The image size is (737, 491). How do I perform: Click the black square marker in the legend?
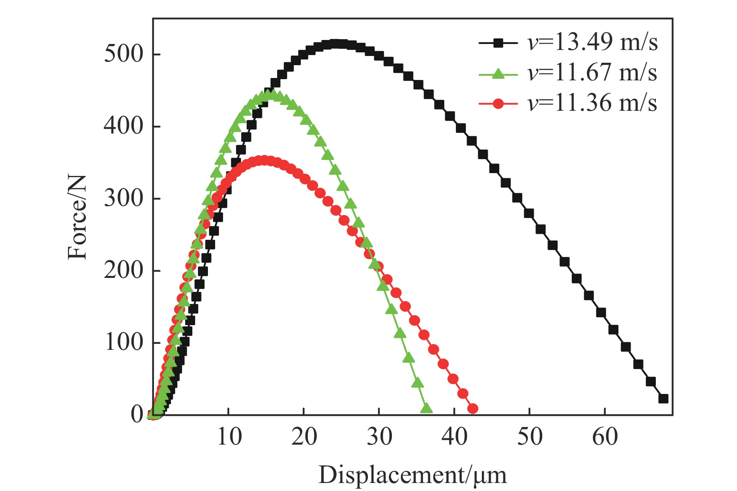point(498,43)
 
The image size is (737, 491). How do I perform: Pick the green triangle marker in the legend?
point(498,74)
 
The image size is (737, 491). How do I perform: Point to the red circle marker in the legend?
point(498,104)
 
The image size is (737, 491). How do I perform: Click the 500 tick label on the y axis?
point(124,54)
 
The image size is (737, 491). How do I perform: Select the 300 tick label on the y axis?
point(124,198)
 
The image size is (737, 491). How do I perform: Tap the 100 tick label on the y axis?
point(124,343)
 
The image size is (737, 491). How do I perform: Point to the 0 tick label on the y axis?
point(137,415)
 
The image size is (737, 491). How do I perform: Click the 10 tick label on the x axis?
point(229,436)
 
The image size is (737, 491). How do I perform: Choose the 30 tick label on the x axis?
point(379,436)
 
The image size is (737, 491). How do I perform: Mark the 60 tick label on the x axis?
point(605,436)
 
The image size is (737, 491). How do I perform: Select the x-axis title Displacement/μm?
point(412,475)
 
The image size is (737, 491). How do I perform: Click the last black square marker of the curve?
point(663,399)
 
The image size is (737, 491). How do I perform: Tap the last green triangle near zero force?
point(426,408)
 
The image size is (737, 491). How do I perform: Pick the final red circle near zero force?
point(473,409)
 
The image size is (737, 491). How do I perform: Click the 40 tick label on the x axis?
point(454,436)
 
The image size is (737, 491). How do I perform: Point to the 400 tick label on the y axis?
point(124,126)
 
